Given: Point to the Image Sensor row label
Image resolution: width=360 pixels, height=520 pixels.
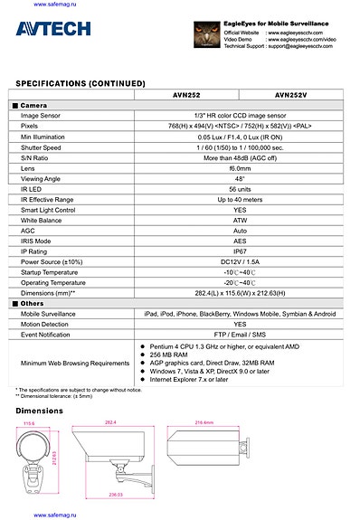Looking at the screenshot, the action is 42,116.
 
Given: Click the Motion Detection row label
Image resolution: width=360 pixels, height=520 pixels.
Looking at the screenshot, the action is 46,324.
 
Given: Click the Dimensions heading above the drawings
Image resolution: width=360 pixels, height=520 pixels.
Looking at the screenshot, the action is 41,411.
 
